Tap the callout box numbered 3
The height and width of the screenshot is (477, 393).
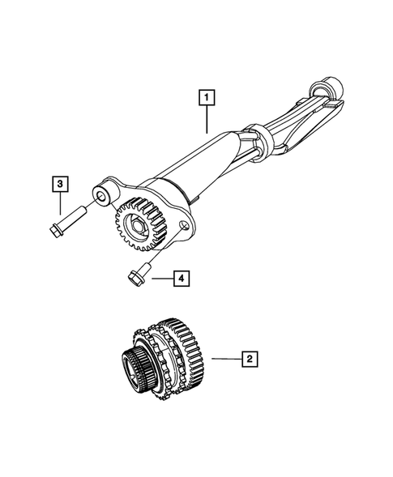(x=61, y=185)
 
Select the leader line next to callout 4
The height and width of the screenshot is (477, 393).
(x=160, y=279)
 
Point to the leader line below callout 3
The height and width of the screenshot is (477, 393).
(x=61, y=202)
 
